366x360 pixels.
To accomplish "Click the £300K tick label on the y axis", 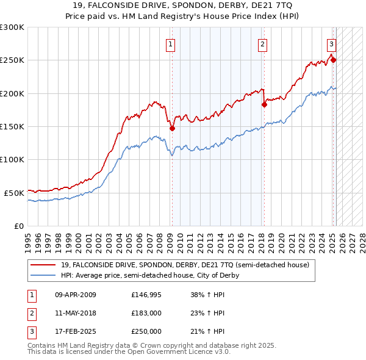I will (12, 27).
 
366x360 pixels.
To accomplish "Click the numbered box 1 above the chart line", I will (170, 44).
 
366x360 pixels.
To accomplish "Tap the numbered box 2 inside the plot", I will (262, 44).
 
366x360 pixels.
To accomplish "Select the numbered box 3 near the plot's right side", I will (331, 44).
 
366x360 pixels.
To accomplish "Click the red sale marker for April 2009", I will (173, 128).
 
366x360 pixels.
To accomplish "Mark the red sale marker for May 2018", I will (265, 104).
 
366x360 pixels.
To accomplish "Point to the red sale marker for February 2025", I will (333, 60).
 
